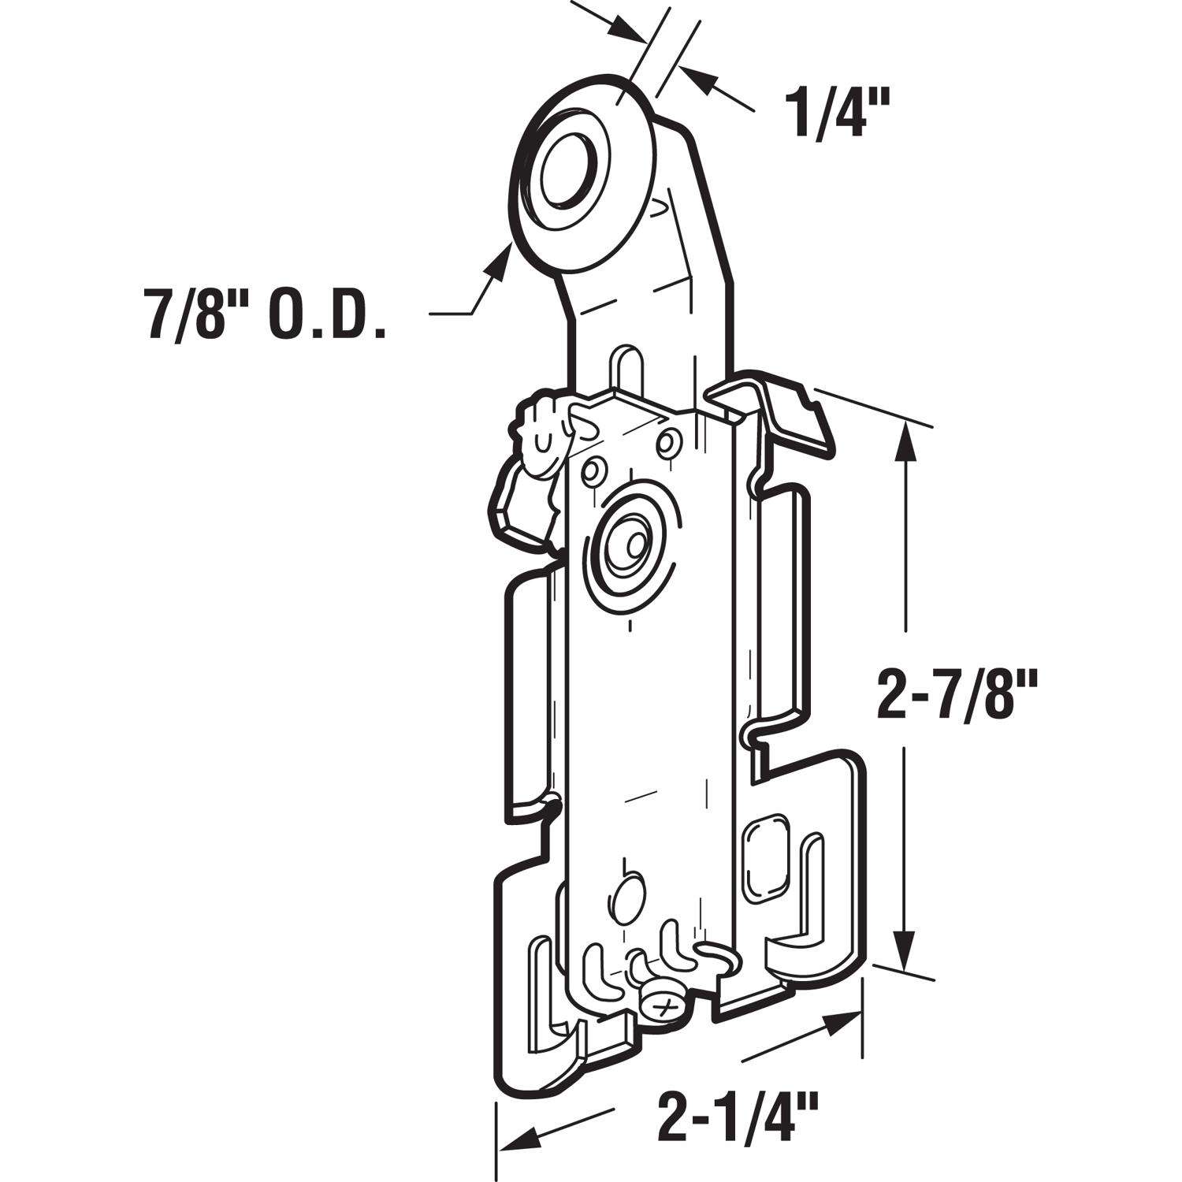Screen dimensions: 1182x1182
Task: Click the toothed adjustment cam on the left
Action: [x=544, y=445]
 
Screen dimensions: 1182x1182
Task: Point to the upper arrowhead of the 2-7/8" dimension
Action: [x=906, y=441]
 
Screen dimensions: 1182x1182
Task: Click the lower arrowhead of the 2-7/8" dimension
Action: [x=906, y=950]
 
